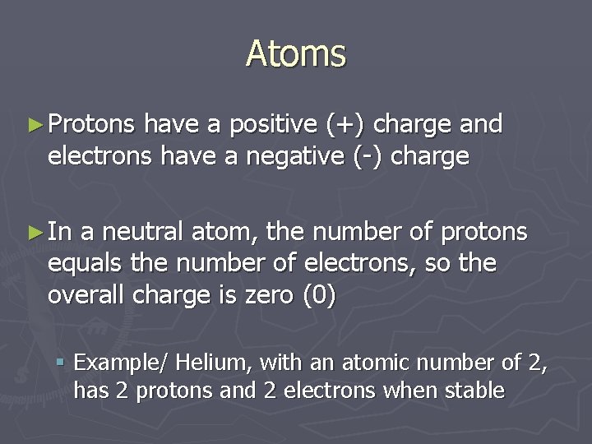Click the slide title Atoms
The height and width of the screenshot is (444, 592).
(296, 54)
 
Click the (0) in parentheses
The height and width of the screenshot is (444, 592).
(321, 294)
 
